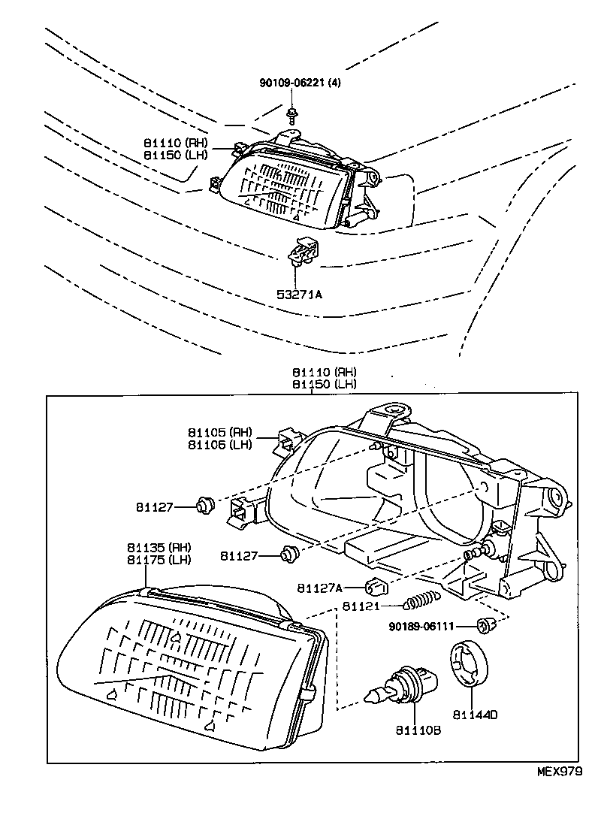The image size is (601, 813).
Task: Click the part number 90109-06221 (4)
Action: (x=300, y=83)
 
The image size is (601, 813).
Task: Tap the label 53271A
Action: (x=300, y=295)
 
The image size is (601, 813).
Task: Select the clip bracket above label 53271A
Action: (x=304, y=251)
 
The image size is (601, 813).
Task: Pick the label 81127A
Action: (x=319, y=588)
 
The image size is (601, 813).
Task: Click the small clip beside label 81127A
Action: (x=375, y=585)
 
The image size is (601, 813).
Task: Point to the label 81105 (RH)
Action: (x=219, y=433)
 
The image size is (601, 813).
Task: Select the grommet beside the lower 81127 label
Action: (x=288, y=555)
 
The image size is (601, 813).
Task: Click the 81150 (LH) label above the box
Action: (x=324, y=384)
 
